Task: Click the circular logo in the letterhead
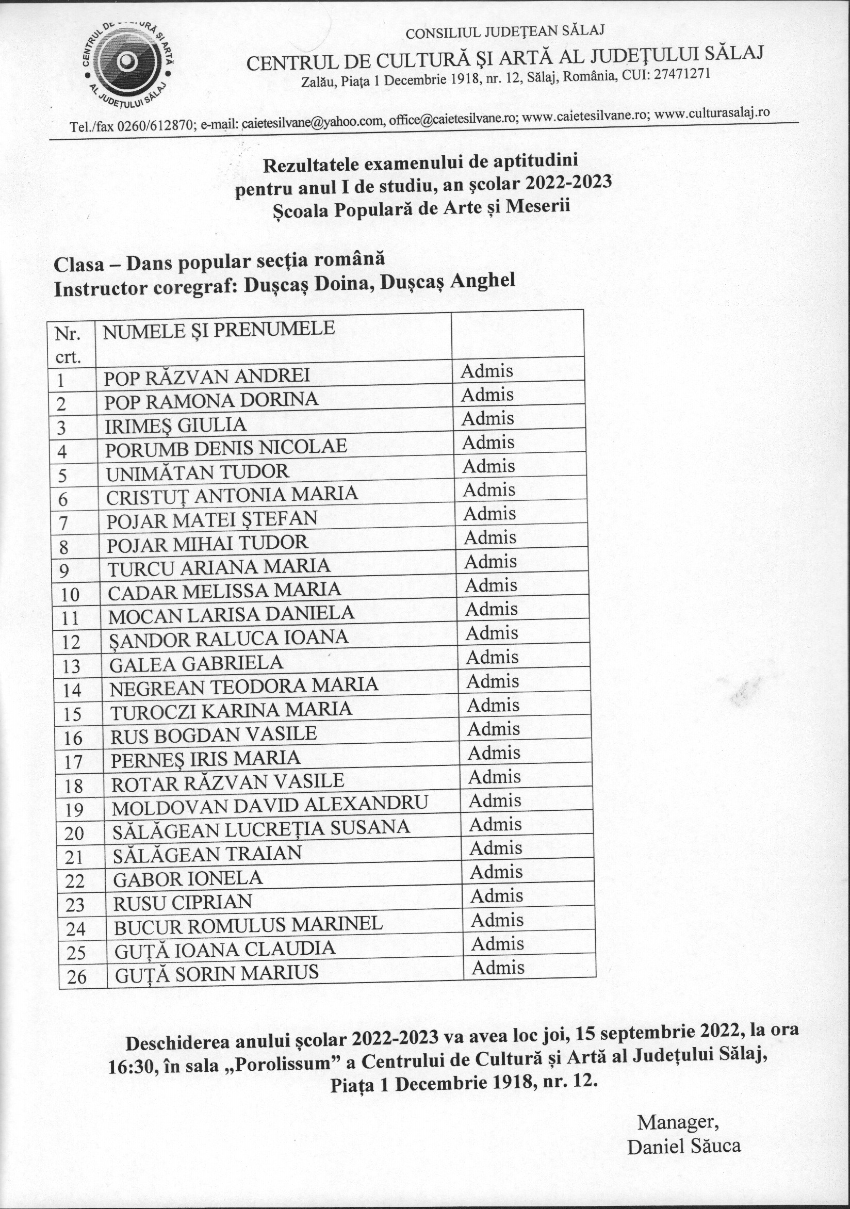click(127, 63)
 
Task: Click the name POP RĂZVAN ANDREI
click(206, 377)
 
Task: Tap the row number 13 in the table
click(71, 666)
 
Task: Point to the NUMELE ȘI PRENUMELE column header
click(219, 330)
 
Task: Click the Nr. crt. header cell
click(68, 346)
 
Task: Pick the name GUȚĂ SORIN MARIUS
click(217, 973)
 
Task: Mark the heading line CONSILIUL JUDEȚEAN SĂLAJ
click(504, 31)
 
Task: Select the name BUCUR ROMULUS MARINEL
click(248, 925)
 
